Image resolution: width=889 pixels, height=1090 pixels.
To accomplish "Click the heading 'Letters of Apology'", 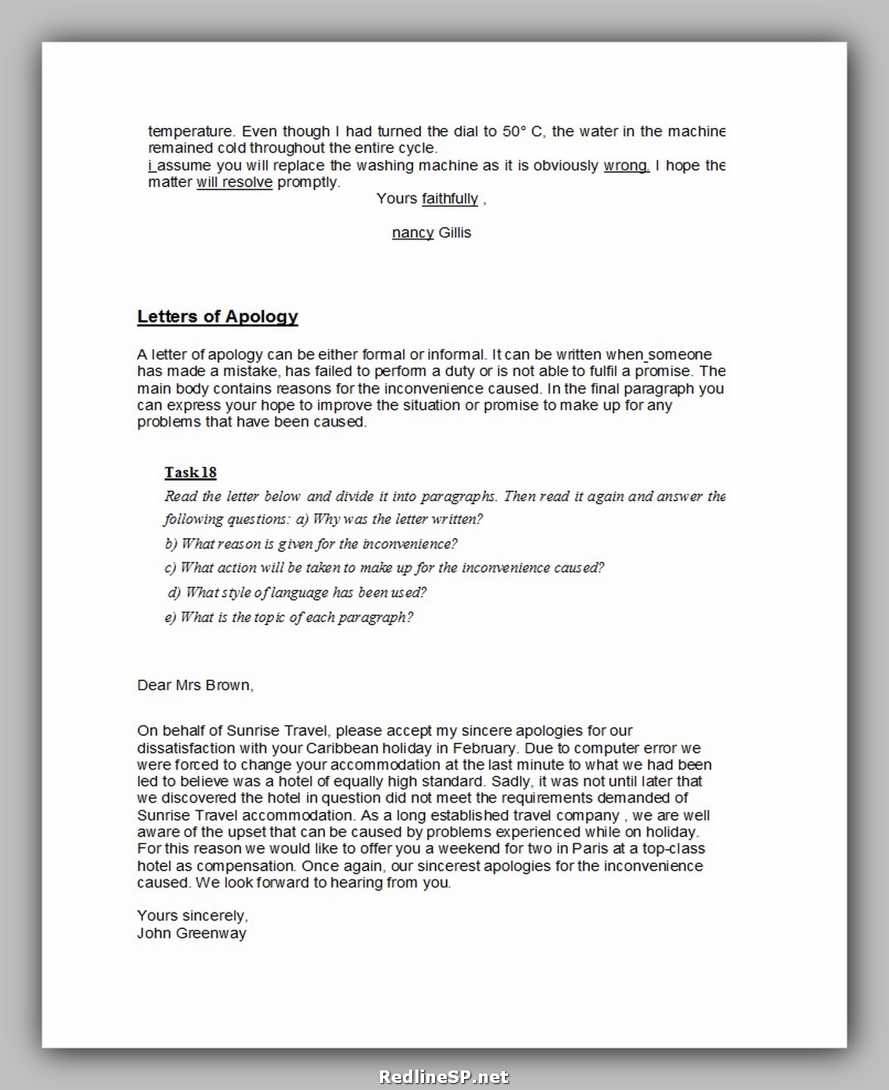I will [x=218, y=316].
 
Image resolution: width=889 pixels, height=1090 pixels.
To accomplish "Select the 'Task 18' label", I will [x=190, y=472].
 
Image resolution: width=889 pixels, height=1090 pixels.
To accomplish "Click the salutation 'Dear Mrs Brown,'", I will [x=195, y=685].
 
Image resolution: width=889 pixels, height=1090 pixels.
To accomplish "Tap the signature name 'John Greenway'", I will [x=192, y=933].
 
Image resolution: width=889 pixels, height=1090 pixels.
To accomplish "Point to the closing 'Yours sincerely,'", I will [x=192, y=916].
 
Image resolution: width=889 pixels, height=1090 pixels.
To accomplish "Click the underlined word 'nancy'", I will [x=413, y=232].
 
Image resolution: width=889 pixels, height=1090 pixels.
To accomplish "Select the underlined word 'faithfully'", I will [x=450, y=199].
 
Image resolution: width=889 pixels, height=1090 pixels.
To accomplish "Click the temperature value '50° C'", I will [x=523, y=131].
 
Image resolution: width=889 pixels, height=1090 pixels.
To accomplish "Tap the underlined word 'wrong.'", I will [x=626, y=166].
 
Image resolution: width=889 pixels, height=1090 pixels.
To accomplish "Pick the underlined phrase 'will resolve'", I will [x=235, y=182].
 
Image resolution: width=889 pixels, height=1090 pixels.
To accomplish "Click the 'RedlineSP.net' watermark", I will [x=444, y=1077].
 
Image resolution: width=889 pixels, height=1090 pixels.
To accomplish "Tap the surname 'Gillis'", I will [x=455, y=232].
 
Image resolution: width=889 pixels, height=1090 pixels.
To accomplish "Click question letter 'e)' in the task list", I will [x=170, y=617].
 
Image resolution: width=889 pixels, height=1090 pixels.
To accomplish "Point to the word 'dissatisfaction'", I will [x=188, y=748].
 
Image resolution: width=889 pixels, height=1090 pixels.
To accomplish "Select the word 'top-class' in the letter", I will [x=673, y=848].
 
